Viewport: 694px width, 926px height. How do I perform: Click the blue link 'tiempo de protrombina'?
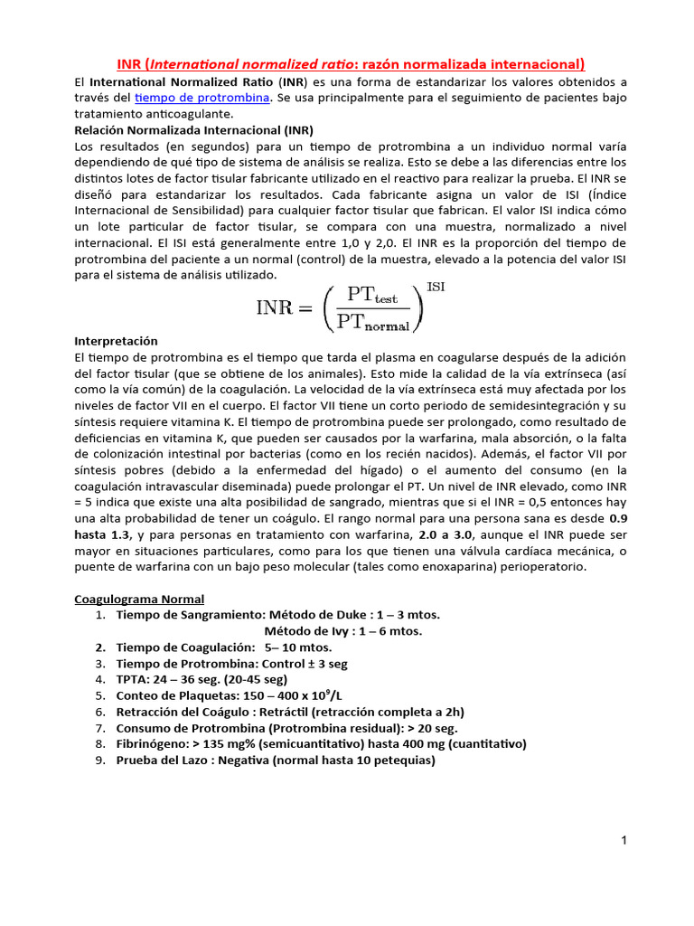202,98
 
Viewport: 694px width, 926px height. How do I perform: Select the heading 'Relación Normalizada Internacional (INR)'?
193,130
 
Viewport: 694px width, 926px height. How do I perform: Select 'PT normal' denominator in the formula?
372,320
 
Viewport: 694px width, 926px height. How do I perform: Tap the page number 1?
624,841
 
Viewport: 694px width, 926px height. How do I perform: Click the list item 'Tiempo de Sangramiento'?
278,615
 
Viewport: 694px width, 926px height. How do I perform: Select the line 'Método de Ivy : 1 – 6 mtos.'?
343,631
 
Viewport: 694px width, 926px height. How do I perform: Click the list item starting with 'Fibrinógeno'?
321,744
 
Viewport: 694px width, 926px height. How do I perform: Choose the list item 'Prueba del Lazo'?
276,761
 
